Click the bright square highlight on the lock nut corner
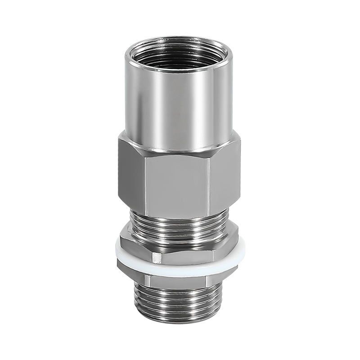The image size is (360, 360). [x=155, y=257]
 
